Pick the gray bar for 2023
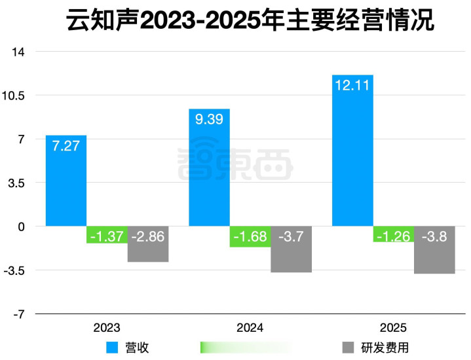point(148,245)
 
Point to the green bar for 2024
point(250,237)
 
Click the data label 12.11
point(352,85)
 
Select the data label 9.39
point(209,118)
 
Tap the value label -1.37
point(107,236)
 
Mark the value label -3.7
point(292,236)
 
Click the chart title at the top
point(250,21)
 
